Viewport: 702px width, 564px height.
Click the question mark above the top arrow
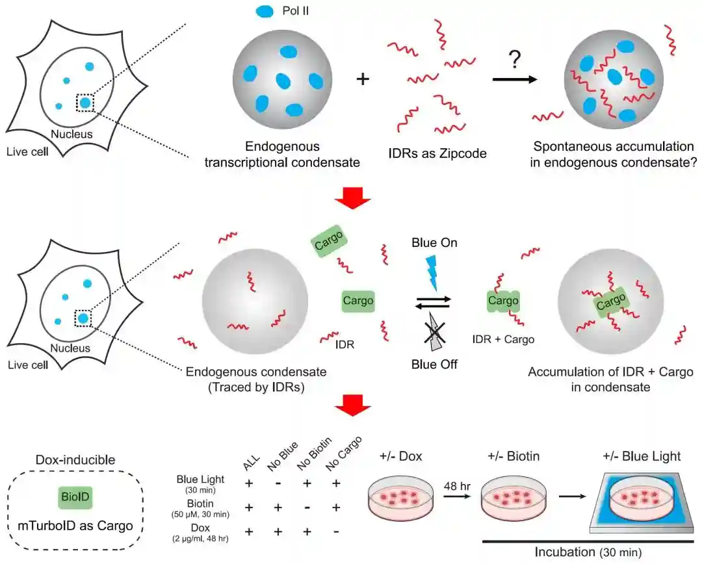point(515,60)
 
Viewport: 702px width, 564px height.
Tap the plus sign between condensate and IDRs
point(363,80)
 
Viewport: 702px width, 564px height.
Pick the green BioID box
point(72,498)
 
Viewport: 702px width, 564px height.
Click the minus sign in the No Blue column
point(278,483)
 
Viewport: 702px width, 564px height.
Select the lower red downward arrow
point(352,406)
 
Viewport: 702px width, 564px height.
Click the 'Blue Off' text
point(434,364)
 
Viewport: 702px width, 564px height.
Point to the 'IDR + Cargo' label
point(503,339)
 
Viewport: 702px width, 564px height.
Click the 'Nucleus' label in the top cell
point(71,135)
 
